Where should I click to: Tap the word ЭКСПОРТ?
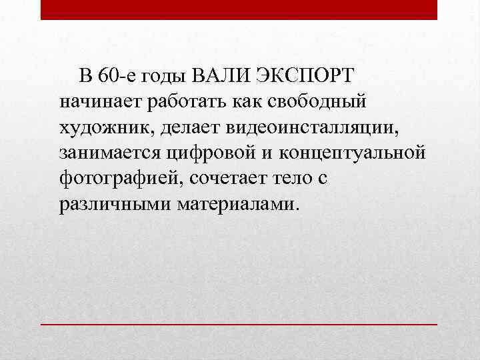[307, 77]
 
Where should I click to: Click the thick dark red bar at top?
[239, 9]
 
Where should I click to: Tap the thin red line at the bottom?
[239, 323]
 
